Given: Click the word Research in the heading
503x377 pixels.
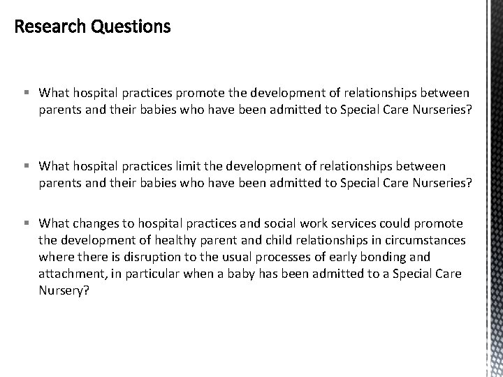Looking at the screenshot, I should (x=48, y=27).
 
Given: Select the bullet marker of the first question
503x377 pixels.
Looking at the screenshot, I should (x=25, y=93).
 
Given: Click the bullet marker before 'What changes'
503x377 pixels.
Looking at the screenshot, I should (x=25, y=224).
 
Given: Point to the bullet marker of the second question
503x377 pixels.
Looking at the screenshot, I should (x=25, y=165).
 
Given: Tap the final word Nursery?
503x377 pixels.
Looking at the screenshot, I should (x=64, y=291).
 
